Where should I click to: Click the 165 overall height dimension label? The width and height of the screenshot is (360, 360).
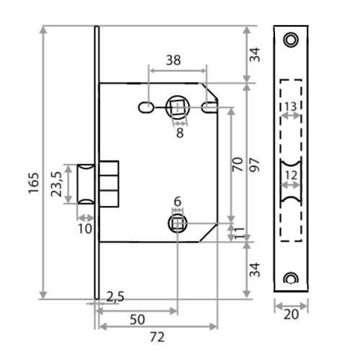(x=34, y=183)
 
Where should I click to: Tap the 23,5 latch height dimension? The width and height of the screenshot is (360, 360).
(x=57, y=184)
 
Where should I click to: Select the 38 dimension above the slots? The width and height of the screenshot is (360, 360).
(x=174, y=60)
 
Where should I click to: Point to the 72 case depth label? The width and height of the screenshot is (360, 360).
(x=158, y=337)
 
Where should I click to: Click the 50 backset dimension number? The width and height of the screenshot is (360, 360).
(x=138, y=320)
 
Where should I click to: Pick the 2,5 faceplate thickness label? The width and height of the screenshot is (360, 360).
(x=115, y=297)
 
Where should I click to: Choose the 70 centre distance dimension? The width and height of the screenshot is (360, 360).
(x=238, y=164)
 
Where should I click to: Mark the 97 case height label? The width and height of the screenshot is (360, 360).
(x=255, y=165)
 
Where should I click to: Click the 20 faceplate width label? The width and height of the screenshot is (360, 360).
(x=291, y=315)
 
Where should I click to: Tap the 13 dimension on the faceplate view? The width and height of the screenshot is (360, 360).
(x=291, y=107)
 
